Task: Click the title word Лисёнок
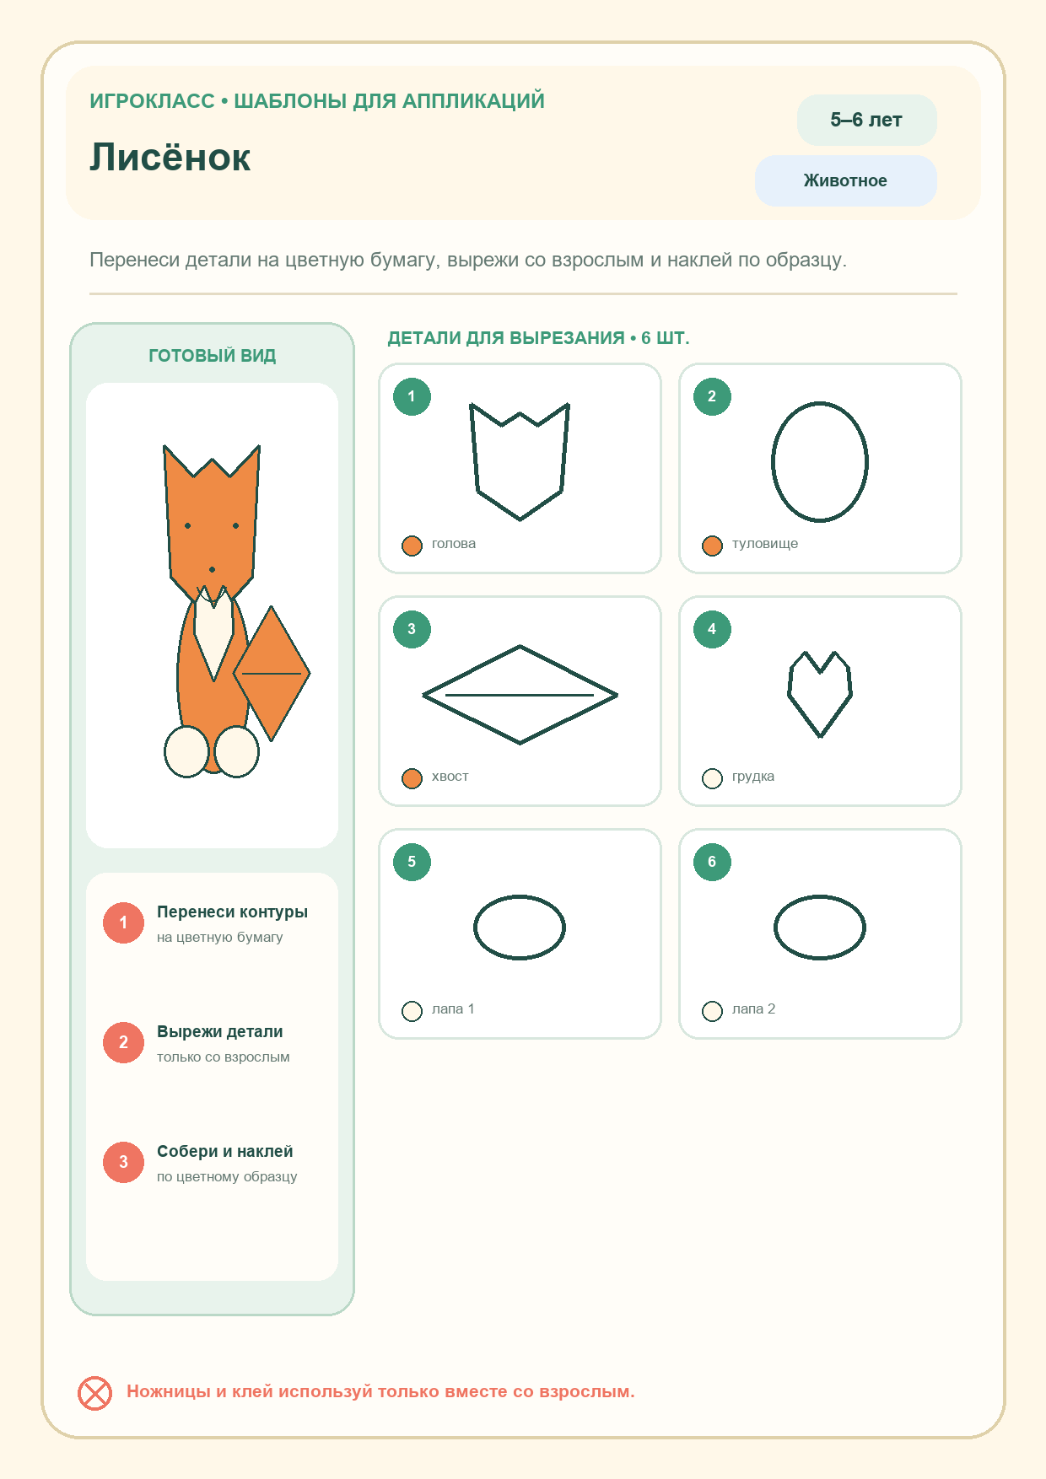click(x=170, y=158)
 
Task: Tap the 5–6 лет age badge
click(x=866, y=120)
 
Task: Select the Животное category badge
click(x=845, y=180)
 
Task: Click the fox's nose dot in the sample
click(x=212, y=570)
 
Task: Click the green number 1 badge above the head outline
click(x=412, y=396)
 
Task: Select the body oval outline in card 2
click(x=773, y=462)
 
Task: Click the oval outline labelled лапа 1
click(x=475, y=928)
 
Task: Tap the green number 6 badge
click(x=712, y=862)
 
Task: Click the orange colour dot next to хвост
click(x=412, y=778)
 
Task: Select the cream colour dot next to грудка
click(x=712, y=778)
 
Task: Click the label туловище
click(x=765, y=544)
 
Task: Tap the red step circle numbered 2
click(x=123, y=1042)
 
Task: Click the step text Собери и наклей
click(x=225, y=1152)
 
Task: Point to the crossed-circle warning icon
click(x=94, y=1393)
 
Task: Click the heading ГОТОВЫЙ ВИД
click(x=213, y=356)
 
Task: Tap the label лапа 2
click(x=753, y=1009)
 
